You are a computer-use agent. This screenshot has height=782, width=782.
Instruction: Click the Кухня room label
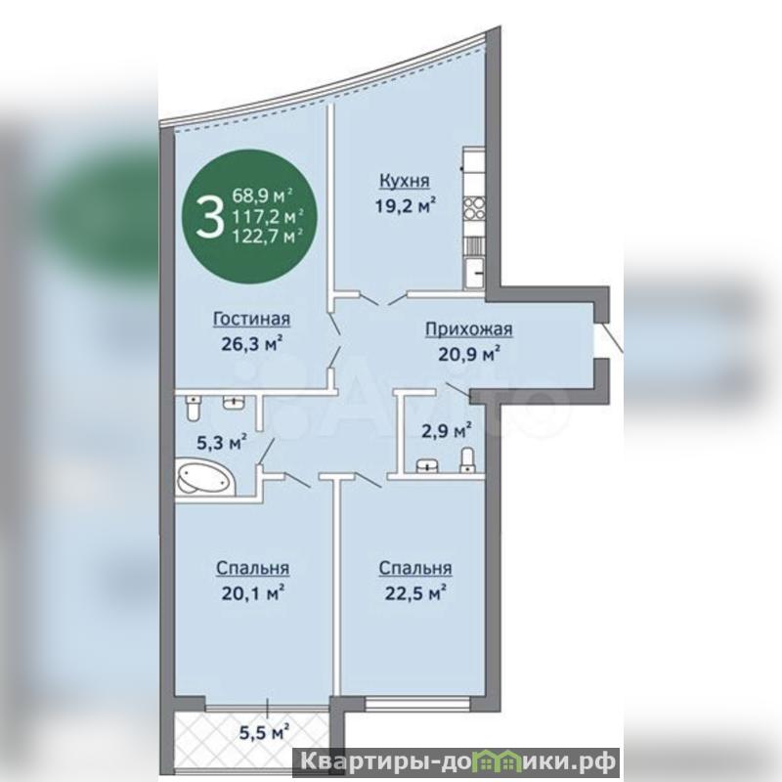pos(405,181)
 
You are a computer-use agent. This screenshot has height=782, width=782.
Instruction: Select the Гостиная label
pos(252,319)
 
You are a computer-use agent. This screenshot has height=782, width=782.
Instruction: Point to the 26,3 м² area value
pos(252,343)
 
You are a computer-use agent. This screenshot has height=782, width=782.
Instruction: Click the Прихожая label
pos(469,329)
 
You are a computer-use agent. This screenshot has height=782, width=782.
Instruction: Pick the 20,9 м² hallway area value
pos(469,354)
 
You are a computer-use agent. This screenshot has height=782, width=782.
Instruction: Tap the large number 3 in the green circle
pos(209,217)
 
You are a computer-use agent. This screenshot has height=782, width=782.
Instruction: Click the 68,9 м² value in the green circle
pos(262,195)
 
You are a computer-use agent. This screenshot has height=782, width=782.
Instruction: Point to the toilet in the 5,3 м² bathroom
pos(192,409)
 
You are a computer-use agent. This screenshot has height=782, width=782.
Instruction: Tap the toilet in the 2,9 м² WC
pos(467,459)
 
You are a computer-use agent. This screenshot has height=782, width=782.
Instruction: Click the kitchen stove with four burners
pos(474,208)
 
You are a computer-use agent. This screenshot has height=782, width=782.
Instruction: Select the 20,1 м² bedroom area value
pos(253,593)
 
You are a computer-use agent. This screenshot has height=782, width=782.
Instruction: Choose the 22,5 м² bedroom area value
pos(414,593)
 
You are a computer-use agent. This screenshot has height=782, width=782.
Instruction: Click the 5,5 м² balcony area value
pos(265,732)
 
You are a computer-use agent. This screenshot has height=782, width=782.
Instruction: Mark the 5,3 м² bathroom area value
pos(222,443)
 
